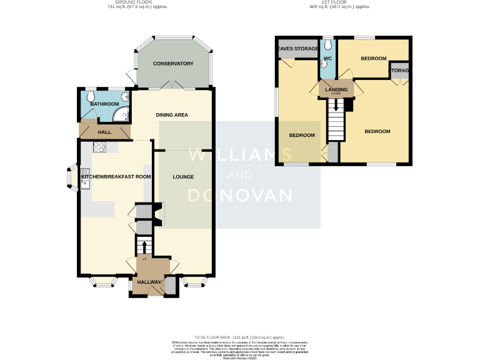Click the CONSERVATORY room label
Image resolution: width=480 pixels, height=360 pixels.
click(x=173, y=64)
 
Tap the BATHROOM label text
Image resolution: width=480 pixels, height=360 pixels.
click(x=104, y=104)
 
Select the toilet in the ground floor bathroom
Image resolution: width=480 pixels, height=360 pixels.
click(x=91, y=96)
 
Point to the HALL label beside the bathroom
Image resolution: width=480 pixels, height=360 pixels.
click(x=104, y=132)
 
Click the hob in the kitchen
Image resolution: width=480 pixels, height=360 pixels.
click(x=99, y=147)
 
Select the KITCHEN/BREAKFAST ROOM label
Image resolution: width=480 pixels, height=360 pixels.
click(x=116, y=177)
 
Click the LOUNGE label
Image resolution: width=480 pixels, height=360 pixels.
click(x=183, y=177)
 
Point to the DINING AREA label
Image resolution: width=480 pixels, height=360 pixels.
click(x=172, y=114)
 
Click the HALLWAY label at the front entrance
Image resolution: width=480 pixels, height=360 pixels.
click(x=149, y=282)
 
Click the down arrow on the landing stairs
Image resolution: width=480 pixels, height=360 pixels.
click(x=337, y=107)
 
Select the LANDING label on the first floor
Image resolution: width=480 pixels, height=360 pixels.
click(x=336, y=90)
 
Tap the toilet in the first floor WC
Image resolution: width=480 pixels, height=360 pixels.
click(x=327, y=46)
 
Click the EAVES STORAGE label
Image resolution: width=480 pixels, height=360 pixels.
click(x=297, y=48)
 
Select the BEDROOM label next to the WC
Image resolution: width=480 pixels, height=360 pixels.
click(x=373, y=58)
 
